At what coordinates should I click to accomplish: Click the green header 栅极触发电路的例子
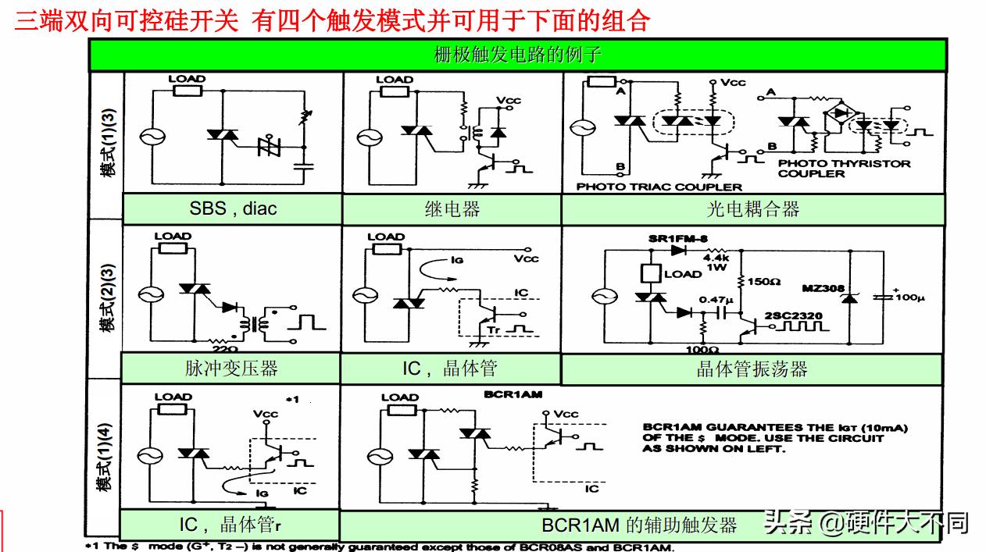(x=516, y=55)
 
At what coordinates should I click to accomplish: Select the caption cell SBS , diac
(x=233, y=208)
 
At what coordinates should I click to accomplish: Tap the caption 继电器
(x=452, y=208)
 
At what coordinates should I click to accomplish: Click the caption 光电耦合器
(x=752, y=208)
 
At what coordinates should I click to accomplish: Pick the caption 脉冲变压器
(x=231, y=368)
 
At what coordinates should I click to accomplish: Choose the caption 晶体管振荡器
(x=752, y=369)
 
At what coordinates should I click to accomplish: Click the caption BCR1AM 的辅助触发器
(x=639, y=524)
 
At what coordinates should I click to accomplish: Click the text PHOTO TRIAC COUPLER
(x=659, y=187)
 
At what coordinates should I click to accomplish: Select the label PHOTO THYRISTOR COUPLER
(x=833, y=169)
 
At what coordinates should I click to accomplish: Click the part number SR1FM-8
(x=676, y=237)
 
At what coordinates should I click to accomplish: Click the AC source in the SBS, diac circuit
(x=149, y=136)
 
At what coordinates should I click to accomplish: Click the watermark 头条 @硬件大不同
(x=866, y=522)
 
